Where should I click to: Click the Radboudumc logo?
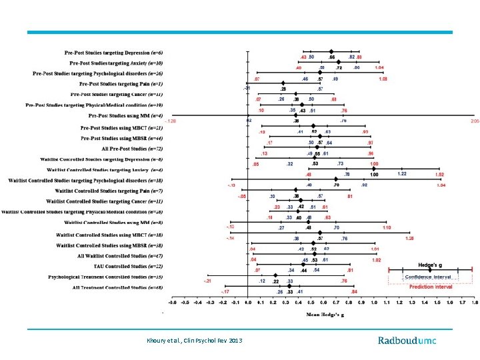[x=407, y=341]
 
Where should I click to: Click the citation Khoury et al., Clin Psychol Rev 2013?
[x=194, y=341]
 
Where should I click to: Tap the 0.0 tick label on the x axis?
[x=248, y=302]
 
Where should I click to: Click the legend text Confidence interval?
[x=430, y=277]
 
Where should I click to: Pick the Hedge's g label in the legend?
[x=429, y=265]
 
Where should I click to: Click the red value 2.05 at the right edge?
[x=474, y=121]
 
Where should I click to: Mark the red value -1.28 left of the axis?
[x=171, y=121]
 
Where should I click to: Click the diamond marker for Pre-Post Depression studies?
[x=331, y=51]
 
